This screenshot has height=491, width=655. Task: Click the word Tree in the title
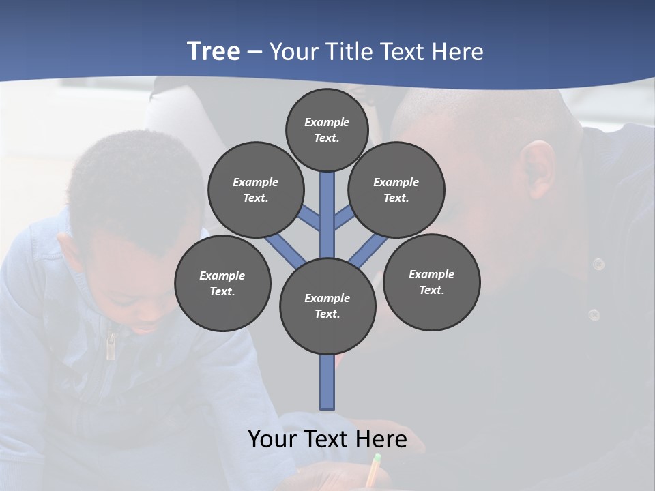214,51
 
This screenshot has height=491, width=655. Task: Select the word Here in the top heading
458,52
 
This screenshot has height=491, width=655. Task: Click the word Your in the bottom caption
272,438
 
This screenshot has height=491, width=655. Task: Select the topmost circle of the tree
327,130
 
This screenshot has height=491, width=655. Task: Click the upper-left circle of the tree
256,190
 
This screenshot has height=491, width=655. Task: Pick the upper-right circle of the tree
396,190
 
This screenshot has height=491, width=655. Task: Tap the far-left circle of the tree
222,283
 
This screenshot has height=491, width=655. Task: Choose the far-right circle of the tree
431,282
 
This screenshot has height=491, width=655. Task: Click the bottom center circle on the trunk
327,306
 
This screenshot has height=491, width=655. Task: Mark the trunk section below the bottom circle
327,382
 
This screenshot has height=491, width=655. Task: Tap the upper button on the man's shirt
598,264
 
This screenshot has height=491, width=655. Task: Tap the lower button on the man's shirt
594,314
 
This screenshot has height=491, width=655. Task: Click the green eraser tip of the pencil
377,458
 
